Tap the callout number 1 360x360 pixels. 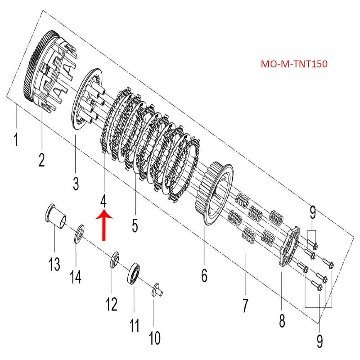pos(16,139)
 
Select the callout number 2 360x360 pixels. pos(41,159)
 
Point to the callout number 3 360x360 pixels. pos(75,183)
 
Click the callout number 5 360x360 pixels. pos(135,225)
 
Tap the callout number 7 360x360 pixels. pos(245,306)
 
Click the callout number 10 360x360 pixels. pos(154,337)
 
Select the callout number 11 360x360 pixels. pos(134,325)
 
